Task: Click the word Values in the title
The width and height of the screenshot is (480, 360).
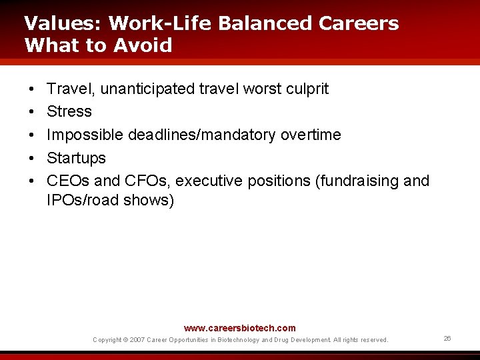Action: (62, 23)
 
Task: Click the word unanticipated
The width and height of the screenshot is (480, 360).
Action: (147, 89)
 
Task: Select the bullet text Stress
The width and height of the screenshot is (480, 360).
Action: (69, 111)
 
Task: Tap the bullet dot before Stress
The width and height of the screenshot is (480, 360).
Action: (31, 111)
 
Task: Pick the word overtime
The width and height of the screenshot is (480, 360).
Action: (310, 135)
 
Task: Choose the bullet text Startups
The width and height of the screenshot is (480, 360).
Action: (76, 158)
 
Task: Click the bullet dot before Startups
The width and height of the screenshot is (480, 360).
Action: (31, 158)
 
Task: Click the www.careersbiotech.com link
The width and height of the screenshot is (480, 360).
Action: (239, 328)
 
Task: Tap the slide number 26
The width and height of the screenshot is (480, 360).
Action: (447, 339)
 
